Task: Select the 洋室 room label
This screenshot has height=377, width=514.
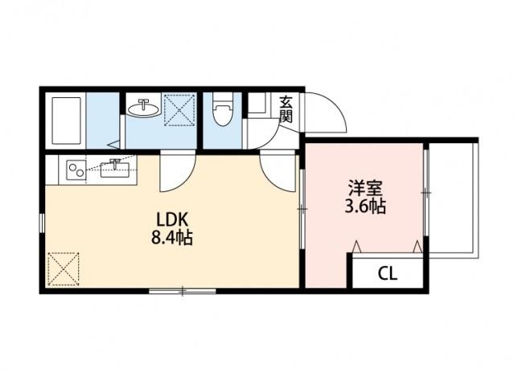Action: [364, 188]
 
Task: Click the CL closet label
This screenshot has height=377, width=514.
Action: [388, 273]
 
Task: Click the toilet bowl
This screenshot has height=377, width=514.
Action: [223, 112]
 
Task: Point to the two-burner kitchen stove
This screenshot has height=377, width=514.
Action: [76, 170]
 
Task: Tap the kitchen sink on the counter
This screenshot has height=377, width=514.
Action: [117, 168]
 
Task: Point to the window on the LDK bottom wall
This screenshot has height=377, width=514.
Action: [182, 289]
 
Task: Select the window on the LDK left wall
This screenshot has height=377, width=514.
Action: [41, 223]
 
